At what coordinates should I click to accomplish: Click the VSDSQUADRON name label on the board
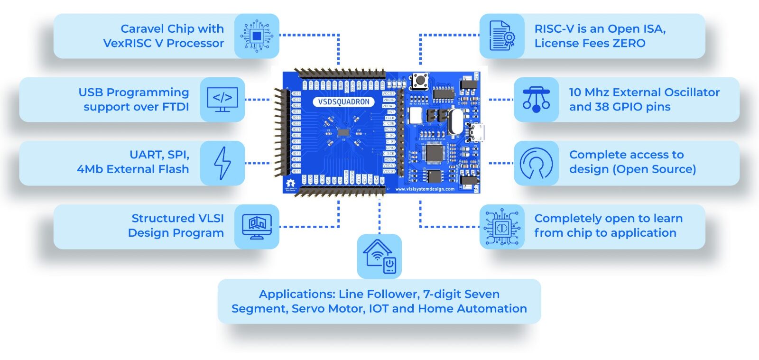(343, 102)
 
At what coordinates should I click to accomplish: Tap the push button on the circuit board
(419, 81)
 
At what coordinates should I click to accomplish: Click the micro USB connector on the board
(476, 132)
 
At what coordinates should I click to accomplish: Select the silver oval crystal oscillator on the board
(454, 121)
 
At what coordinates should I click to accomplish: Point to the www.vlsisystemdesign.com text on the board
(425, 189)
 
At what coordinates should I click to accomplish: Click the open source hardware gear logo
(290, 183)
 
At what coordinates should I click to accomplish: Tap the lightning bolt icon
(222, 163)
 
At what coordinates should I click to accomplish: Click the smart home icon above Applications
(379, 256)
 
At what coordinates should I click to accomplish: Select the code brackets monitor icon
(222, 99)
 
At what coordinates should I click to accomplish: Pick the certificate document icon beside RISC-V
(502, 36)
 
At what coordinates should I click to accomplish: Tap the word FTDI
(176, 107)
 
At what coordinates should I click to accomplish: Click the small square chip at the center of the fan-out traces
(343, 133)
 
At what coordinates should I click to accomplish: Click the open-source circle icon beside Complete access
(536, 163)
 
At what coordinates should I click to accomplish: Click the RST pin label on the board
(390, 112)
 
